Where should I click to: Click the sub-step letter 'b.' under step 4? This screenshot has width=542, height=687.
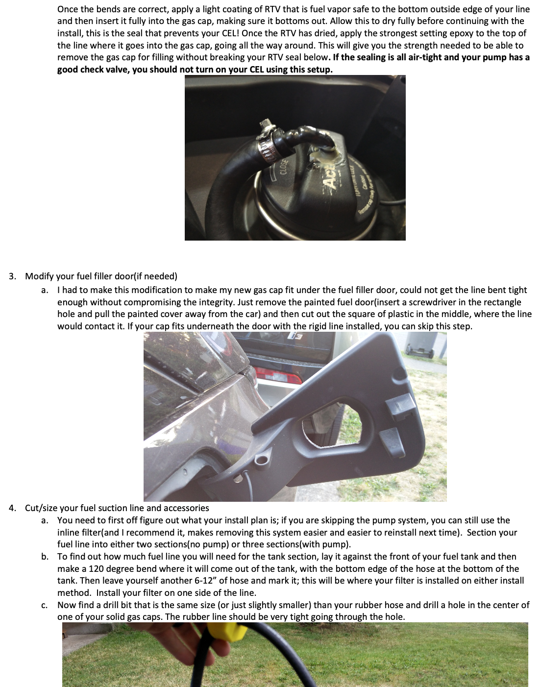click(x=45, y=557)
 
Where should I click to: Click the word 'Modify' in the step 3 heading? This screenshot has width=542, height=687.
click(x=39, y=276)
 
